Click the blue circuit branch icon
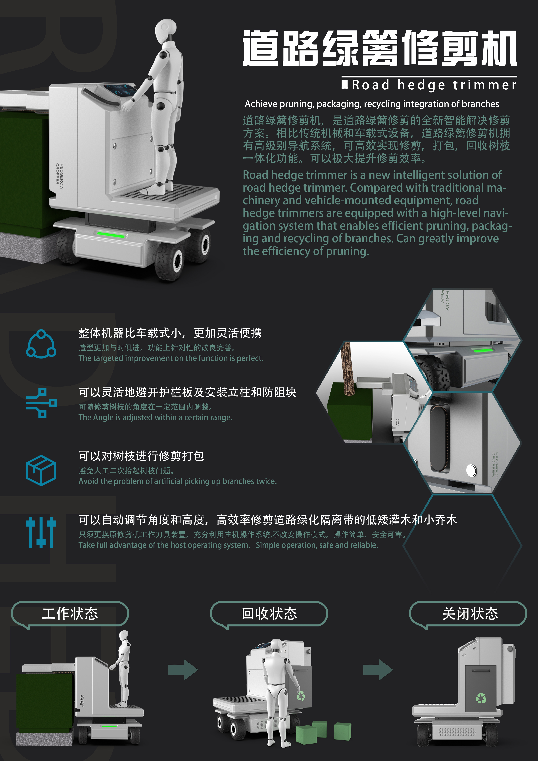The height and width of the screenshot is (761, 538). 41,403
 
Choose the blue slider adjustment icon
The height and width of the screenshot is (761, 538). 41,532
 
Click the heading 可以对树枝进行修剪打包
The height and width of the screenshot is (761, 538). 141,456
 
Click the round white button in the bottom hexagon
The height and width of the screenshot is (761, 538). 471,470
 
